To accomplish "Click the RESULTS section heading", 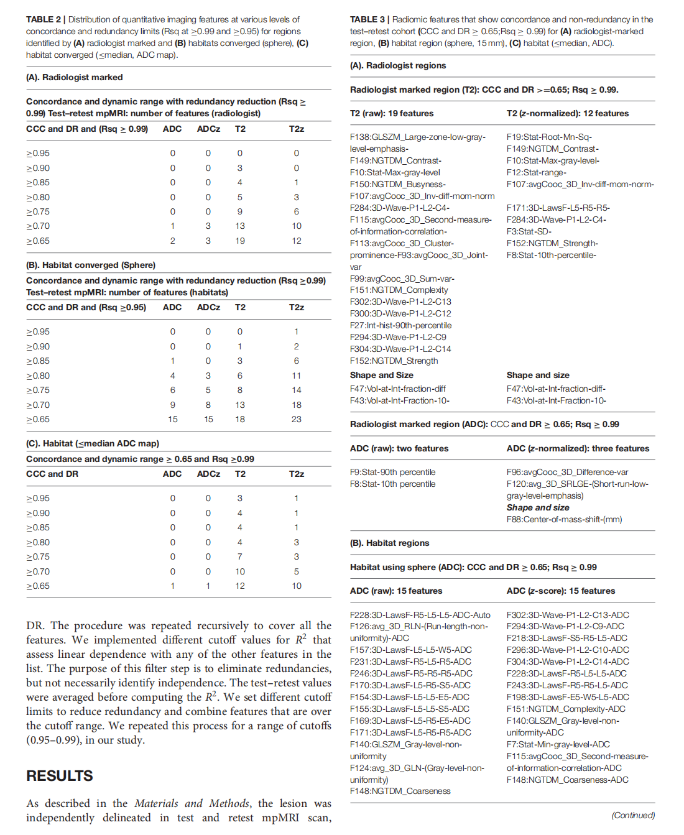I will click(60, 776).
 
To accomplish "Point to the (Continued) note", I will click(633, 815).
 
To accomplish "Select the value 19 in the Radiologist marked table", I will click(240, 241).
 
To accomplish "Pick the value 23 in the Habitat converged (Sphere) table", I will click(297, 419).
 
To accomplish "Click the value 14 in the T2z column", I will click(297, 390).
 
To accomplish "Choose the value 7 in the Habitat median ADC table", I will click(240, 556).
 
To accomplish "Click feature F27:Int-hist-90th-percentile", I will click(400, 325).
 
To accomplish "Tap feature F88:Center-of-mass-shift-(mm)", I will click(564, 519).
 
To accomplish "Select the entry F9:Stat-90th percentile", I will click(392, 472).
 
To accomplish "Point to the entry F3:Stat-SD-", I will click(529, 231).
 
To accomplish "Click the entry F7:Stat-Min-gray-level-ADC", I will click(558, 744).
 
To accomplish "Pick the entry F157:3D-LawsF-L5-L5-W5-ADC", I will click(410, 650).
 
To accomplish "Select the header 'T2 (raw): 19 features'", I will click(392, 113).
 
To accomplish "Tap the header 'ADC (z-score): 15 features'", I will click(561, 591).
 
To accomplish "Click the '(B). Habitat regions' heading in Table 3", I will click(389, 543).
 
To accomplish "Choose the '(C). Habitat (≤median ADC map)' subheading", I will click(93, 443).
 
